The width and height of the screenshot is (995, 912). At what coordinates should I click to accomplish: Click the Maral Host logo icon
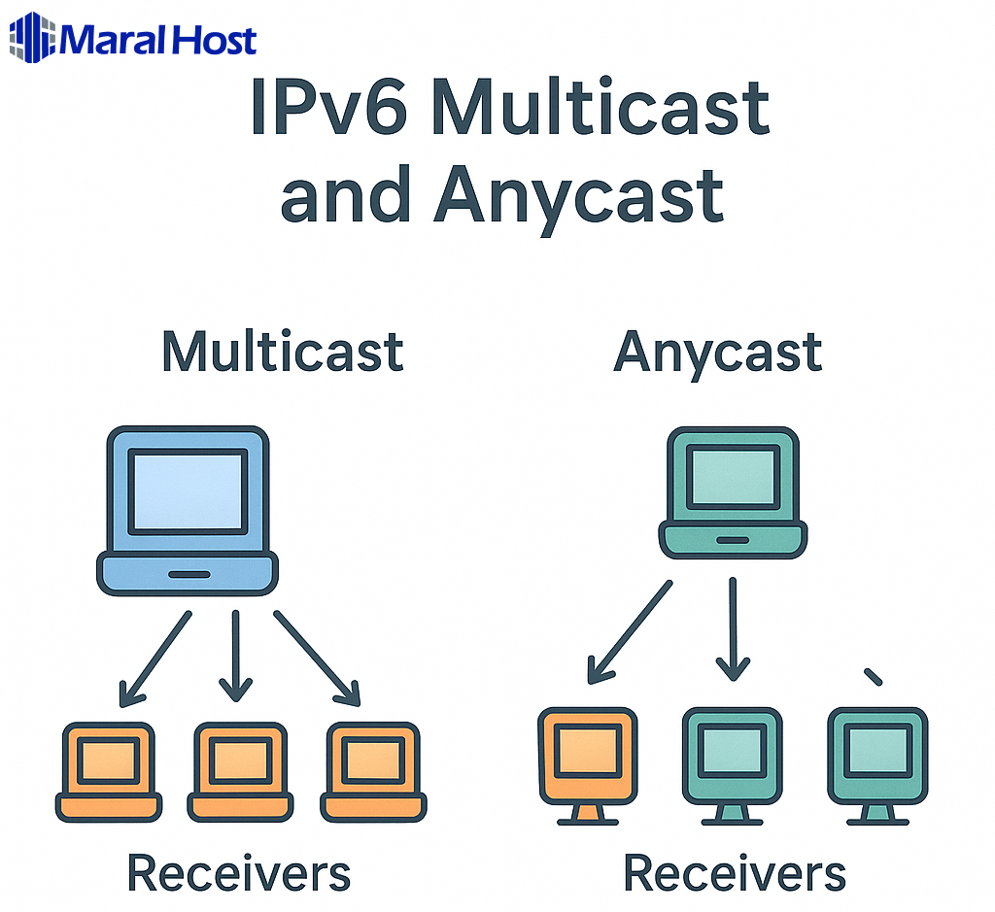coord(31,39)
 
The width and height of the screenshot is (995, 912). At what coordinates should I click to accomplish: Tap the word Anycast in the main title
coord(579,193)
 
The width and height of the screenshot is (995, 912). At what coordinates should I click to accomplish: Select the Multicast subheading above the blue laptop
coord(282,352)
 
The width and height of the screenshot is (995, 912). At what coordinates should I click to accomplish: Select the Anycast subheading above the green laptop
coord(718,352)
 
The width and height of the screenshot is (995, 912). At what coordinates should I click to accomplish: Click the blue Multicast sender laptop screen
coord(188,491)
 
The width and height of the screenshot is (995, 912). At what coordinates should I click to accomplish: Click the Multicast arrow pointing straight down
coord(235,656)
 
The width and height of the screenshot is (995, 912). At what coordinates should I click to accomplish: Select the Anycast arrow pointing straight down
coord(733,629)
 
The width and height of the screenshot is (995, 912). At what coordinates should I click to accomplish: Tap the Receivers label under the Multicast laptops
coord(239,872)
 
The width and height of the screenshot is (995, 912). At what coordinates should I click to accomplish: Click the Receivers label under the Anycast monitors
coord(734,872)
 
